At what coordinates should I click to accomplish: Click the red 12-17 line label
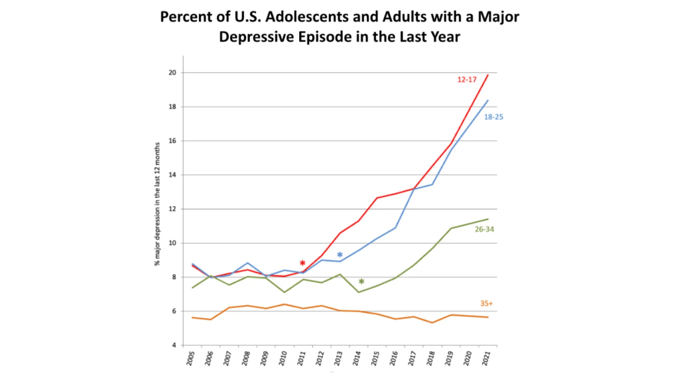pos(467,80)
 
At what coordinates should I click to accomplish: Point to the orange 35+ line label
pos(487,304)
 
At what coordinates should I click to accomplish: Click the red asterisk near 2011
pos(302,263)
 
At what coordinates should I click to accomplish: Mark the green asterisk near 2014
pos(361,282)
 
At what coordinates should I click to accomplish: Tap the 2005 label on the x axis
pos(192,361)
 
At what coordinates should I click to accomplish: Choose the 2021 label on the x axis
pos(488,361)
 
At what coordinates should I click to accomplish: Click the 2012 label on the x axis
pos(322,361)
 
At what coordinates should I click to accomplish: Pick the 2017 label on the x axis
pos(414,361)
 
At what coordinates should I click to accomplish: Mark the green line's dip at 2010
pos(284,292)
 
